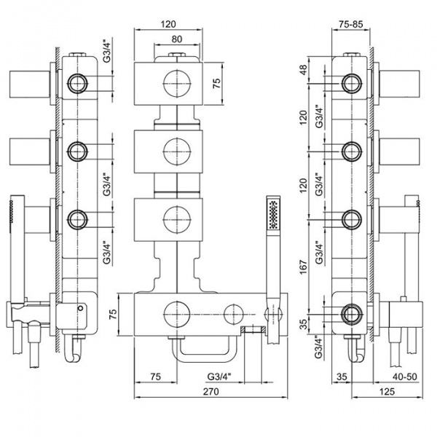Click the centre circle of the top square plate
tap(175, 82)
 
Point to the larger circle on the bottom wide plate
tap(175, 313)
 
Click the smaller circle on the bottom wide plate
tap(232, 313)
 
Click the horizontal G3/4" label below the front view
tap(219, 377)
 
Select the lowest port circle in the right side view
tap(352, 313)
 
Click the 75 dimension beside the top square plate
tap(216, 82)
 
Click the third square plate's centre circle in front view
tap(175, 216)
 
